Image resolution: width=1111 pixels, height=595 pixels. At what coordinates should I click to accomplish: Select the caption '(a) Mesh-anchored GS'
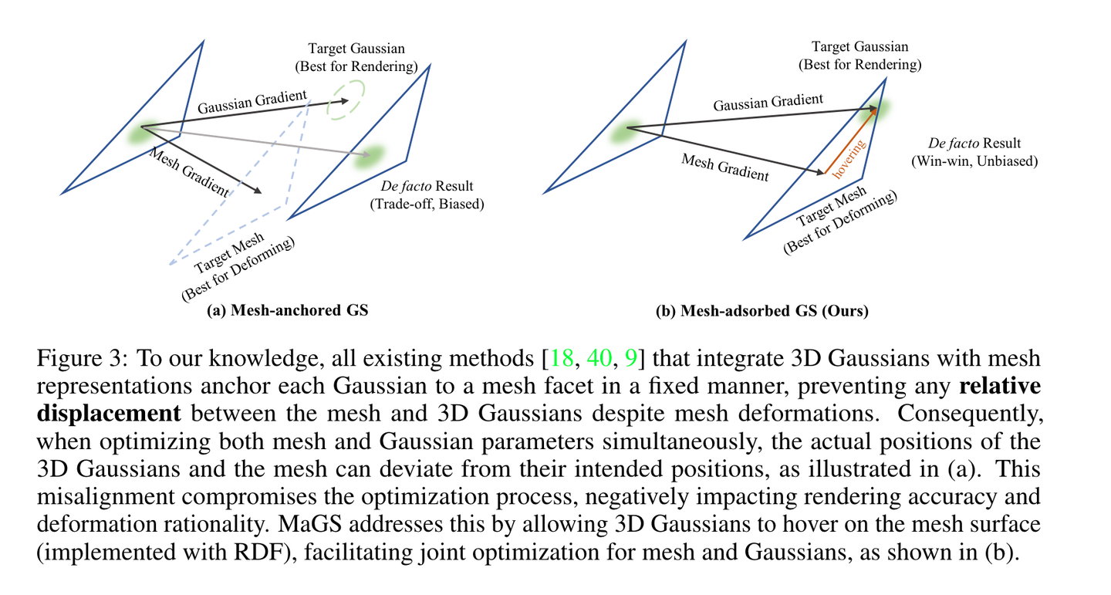tap(287, 311)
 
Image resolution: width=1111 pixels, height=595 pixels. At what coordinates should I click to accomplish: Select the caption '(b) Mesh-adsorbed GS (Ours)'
tap(761, 312)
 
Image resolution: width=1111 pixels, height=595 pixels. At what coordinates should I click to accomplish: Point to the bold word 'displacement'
tap(109, 414)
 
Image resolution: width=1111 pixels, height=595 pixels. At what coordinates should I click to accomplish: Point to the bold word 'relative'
tap(1007, 386)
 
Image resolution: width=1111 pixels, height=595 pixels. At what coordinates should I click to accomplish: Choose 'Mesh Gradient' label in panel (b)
tap(724, 167)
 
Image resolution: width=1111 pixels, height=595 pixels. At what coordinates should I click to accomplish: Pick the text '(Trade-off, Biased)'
tap(427, 205)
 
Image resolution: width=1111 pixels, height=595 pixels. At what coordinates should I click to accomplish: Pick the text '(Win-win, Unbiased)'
tap(974, 161)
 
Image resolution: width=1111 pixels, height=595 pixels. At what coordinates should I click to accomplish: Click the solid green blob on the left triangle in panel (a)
tap(142, 133)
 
